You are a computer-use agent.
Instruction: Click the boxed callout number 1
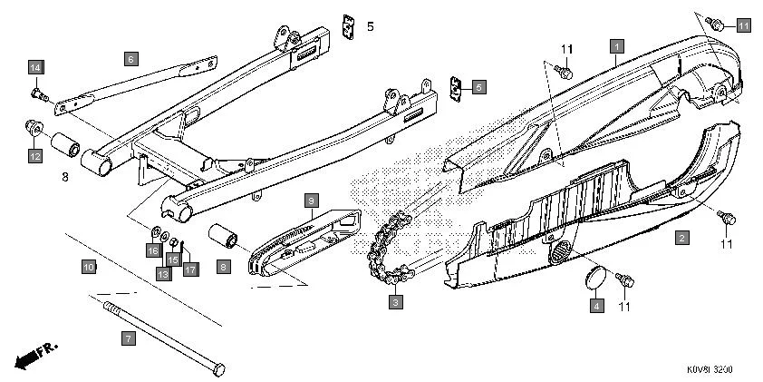click(616, 44)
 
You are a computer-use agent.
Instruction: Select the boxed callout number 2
click(681, 238)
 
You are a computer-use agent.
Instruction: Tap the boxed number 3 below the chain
click(395, 300)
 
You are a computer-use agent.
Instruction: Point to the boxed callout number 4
click(596, 307)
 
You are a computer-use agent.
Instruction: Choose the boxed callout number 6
click(130, 59)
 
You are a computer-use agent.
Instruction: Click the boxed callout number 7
click(128, 338)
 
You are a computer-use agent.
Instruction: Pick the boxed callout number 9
click(310, 198)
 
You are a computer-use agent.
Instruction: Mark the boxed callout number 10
click(88, 268)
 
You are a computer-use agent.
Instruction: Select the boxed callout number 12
click(34, 156)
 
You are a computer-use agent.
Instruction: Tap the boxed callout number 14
click(35, 68)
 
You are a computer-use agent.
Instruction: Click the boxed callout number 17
click(189, 269)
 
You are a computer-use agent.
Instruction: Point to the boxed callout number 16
click(153, 250)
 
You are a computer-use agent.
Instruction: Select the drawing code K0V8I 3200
click(710, 370)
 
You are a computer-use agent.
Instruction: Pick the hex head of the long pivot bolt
click(217, 370)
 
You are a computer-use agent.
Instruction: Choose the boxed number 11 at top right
click(743, 25)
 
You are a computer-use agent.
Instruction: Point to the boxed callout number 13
click(163, 272)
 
